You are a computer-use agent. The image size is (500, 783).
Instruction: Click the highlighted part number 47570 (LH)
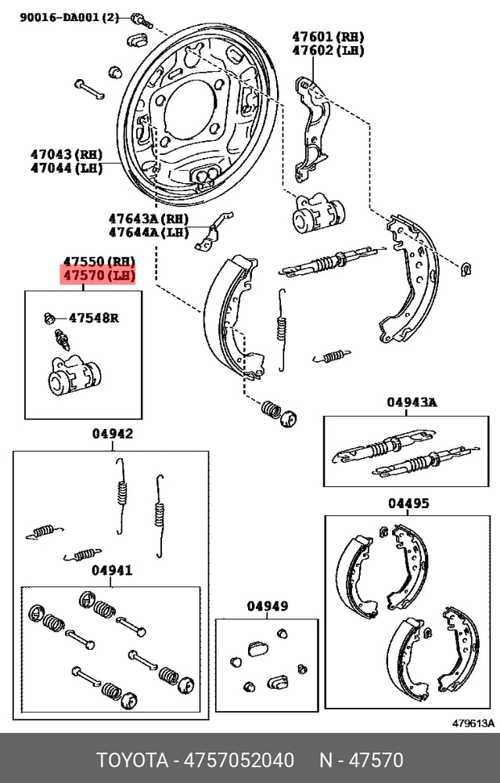pos(98,275)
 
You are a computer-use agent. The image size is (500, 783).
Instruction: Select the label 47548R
pos(94,318)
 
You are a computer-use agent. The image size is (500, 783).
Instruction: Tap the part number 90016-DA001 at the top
pos(60,17)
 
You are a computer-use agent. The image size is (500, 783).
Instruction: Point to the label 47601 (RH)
pos(328,37)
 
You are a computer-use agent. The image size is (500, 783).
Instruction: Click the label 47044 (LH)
pos(67,168)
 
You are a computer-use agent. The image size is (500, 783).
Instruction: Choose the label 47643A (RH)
pos(149,218)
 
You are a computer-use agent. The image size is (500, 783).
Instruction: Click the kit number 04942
pos(113,434)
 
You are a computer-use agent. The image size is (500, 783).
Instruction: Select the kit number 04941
pos(112,570)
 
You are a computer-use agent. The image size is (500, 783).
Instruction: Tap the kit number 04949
pos(268,606)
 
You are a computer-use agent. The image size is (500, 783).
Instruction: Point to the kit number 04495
pos(408,503)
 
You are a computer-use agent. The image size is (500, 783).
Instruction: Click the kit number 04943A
pos(412,402)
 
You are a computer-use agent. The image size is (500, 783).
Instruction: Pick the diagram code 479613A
pos(473,723)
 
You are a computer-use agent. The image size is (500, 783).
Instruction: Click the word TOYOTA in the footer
pos(132,760)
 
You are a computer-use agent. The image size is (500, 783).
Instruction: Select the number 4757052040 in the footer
pos(239,760)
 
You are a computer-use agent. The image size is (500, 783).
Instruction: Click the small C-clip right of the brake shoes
pos(466,269)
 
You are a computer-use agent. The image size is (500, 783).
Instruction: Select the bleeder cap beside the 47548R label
pos(49,318)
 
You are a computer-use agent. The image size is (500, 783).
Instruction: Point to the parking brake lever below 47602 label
pos(312,129)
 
